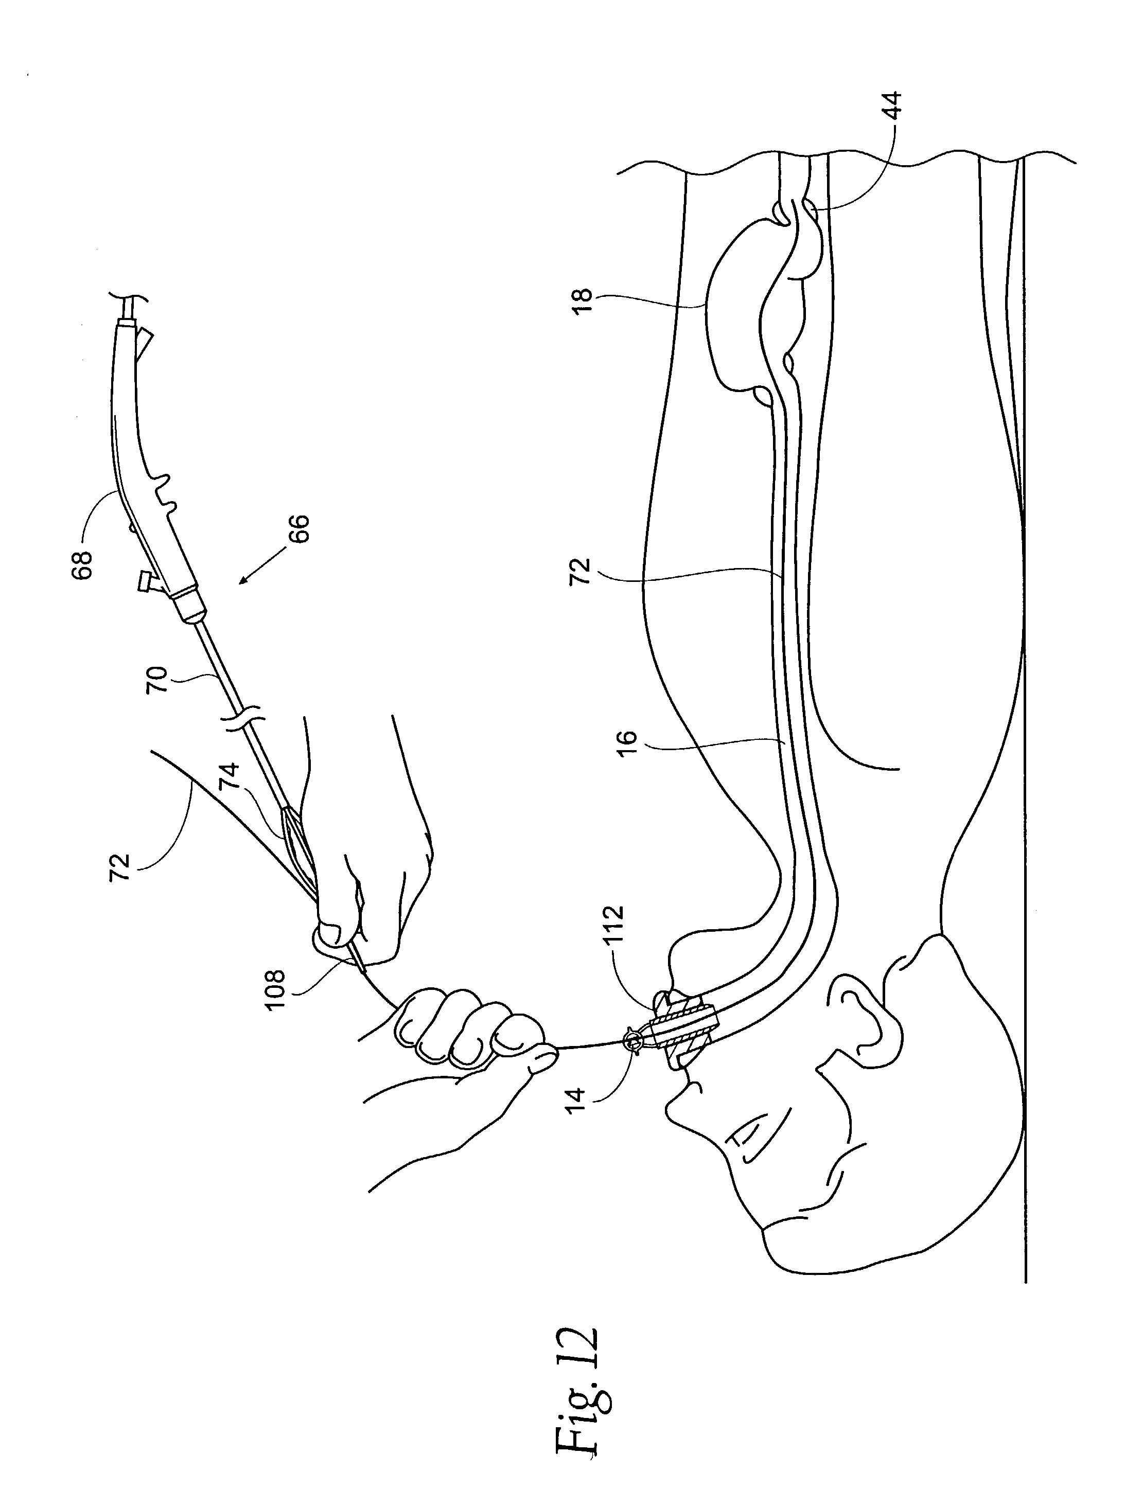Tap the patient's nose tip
pyautogui.click(x=674, y=1118)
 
